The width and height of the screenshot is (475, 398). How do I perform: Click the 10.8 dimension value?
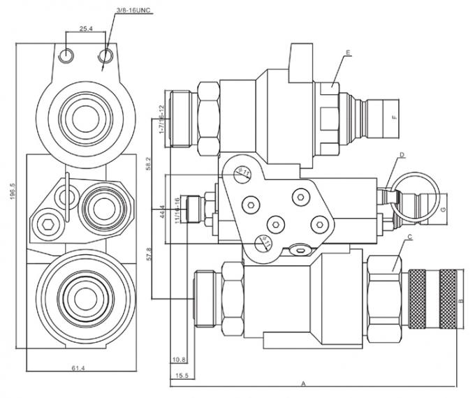(x=179, y=360)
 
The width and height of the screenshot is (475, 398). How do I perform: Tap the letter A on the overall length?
(x=304, y=383)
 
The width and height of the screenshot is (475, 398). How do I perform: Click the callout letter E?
(x=347, y=52)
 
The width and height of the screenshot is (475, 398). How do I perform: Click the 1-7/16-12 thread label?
(x=161, y=118)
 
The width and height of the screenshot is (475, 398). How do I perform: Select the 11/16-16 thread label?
(x=177, y=209)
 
